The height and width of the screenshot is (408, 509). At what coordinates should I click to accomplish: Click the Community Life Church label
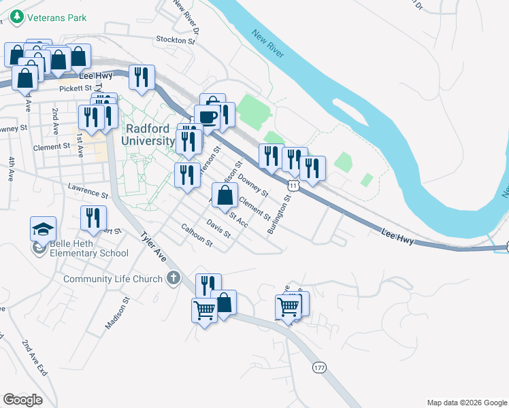click(113, 279)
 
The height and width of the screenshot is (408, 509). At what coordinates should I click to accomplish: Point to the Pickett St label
click(75, 88)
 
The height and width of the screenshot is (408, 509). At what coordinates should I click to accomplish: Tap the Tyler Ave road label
click(153, 248)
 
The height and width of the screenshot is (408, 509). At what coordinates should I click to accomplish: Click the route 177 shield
click(320, 367)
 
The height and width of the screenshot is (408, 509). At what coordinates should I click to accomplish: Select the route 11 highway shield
click(293, 185)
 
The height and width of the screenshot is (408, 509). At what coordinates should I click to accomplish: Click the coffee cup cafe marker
click(207, 116)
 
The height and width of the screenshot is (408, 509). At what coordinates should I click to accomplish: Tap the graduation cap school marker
click(43, 228)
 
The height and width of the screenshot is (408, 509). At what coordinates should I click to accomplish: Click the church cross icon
click(174, 278)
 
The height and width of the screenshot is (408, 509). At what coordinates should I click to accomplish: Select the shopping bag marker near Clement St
click(225, 196)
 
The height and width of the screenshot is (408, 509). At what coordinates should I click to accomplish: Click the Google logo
click(23, 400)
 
